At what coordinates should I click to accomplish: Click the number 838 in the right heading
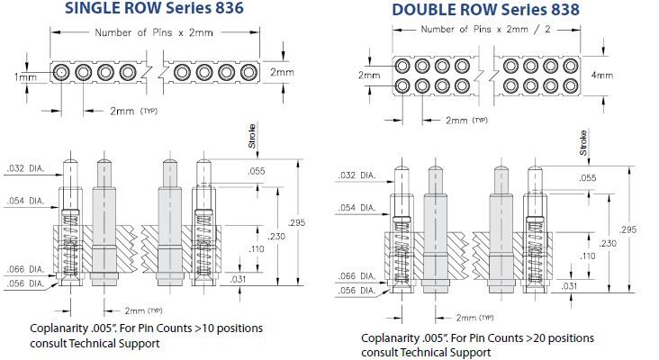(x=559, y=11)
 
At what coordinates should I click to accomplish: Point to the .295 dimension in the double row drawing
(x=629, y=230)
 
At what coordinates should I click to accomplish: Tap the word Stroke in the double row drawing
(x=583, y=143)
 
